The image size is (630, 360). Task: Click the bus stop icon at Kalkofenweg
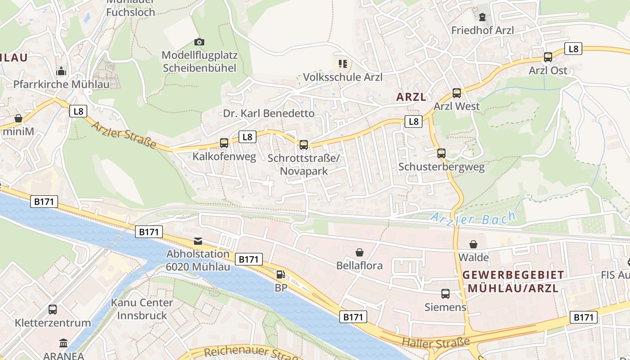(x=224, y=143)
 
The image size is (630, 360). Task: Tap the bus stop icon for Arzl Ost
(x=548, y=57)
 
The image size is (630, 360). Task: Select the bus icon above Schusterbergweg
(x=441, y=153)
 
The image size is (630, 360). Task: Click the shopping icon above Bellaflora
(x=360, y=252)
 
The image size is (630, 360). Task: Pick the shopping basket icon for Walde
(x=473, y=244)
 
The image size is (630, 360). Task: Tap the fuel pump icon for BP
(x=280, y=274)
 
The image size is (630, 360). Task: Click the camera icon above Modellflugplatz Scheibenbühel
(x=199, y=42)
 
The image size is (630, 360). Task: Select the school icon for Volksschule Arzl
(x=343, y=63)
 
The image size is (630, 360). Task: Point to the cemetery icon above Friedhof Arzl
(x=482, y=17)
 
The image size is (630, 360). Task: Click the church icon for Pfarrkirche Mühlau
(x=61, y=71)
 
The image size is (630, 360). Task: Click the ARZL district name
(x=411, y=97)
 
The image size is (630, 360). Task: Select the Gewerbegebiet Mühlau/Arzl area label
(x=513, y=281)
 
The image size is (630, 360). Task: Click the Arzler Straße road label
(x=124, y=135)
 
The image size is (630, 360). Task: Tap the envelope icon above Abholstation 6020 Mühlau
(x=198, y=241)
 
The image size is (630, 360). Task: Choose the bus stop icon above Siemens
(x=445, y=294)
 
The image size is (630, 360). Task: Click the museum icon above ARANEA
(x=63, y=343)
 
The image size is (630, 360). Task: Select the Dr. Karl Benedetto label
(x=269, y=113)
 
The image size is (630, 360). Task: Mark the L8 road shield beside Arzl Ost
(x=573, y=49)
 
